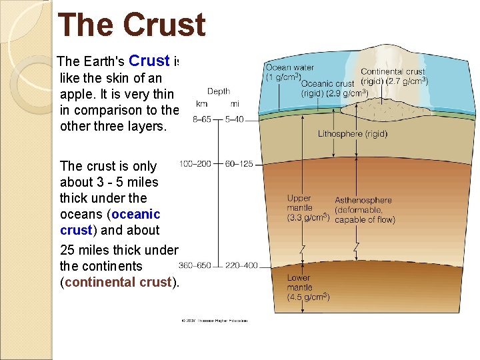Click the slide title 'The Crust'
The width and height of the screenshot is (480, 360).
(x=131, y=25)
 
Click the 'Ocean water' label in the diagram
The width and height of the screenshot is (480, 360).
(x=291, y=67)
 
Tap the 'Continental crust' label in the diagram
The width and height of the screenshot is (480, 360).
(x=392, y=71)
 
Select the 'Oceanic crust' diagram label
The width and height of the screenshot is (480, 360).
(x=328, y=83)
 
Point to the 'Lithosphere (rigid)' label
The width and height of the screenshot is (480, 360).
(x=352, y=133)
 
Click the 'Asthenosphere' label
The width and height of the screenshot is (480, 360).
(x=363, y=200)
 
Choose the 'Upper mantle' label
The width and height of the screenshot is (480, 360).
(x=299, y=203)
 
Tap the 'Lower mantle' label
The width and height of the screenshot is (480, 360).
(x=299, y=283)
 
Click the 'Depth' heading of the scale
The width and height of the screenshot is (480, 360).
(x=219, y=91)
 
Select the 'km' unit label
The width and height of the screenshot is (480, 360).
(x=201, y=104)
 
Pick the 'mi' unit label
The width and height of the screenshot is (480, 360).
(x=235, y=104)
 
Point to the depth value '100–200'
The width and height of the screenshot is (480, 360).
(x=196, y=164)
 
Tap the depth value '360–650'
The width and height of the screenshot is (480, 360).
(x=195, y=265)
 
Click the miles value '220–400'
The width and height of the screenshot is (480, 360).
(x=241, y=265)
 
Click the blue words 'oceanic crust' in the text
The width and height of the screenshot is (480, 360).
(x=110, y=222)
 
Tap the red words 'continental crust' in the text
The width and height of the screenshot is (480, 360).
(x=118, y=282)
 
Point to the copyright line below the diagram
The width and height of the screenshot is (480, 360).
(x=214, y=321)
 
